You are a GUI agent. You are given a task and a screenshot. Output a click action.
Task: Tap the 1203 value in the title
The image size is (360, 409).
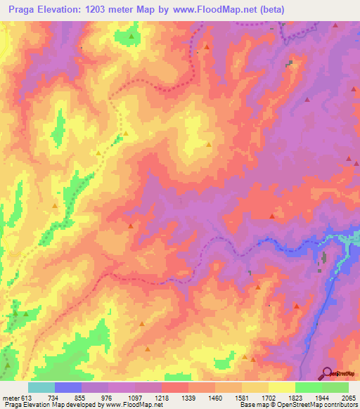[x=89, y=8]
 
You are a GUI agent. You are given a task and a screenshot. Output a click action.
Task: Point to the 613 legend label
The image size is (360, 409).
[x=27, y=397]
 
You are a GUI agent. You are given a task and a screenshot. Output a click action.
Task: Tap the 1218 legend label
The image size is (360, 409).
[x=162, y=397]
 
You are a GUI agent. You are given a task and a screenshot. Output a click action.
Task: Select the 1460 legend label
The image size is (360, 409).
[x=215, y=397]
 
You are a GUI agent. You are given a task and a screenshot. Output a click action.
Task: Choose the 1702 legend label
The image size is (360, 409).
[x=269, y=397]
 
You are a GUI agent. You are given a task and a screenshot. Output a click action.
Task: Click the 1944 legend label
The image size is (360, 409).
[x=322, y=397]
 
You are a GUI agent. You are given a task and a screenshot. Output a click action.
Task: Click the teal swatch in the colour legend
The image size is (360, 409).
[x=41, y=387]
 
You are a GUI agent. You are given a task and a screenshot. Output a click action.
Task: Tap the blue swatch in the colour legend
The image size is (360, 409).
[x=68, y=387]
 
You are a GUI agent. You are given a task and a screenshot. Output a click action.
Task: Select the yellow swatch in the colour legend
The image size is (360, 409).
[x=282, y=387]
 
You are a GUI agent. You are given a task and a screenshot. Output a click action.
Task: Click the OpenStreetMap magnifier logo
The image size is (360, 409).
[x=328, y=373]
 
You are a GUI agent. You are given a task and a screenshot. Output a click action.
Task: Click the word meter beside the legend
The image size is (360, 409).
[x=10, y=397]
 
